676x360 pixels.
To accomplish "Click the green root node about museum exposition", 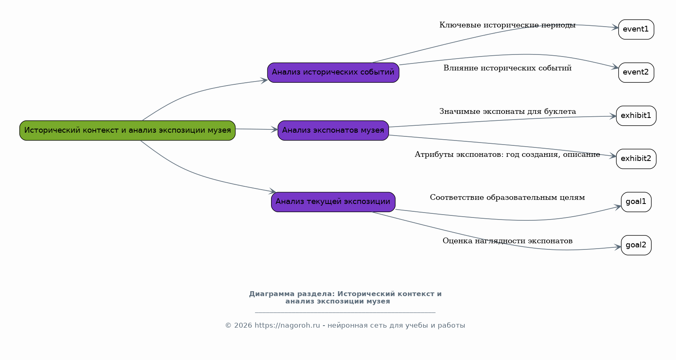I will [x=127, y=131].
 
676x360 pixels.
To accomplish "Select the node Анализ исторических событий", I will [x=333, y=72].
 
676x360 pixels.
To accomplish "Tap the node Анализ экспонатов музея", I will [x=333, y=131].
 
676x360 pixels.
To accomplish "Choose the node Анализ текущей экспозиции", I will [x=333, y=202].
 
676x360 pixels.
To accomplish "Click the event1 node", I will [x=636, y=29].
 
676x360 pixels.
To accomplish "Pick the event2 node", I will [x=636, y=72].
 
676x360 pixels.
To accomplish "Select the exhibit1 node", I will [x=636, y=116].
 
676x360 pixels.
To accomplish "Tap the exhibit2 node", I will [x=636, y=159].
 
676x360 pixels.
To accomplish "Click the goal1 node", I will [x=636, y=202].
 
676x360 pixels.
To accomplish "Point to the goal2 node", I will [x=636, y=245].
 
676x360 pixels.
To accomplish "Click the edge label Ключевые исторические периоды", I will [x=507, y=25].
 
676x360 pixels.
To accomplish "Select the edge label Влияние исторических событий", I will [x=507, y=68].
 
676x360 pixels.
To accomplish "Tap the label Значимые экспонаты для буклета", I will [x=507, y=111].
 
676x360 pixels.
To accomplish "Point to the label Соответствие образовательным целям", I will [x=507, y=198].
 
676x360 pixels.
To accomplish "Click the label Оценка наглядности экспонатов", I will [x=507, y=241].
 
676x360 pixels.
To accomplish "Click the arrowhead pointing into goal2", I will [x=618, y=247].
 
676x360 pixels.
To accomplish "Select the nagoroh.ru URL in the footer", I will [x=287, y=326].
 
